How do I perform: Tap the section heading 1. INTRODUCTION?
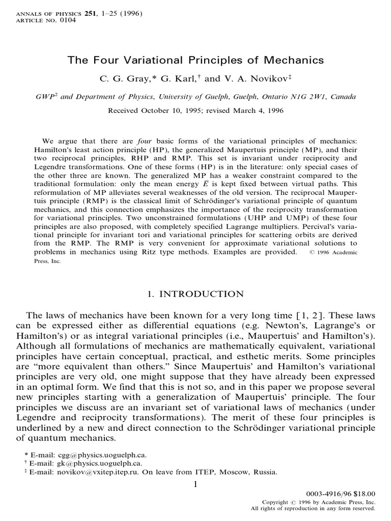(x=195, y=294)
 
